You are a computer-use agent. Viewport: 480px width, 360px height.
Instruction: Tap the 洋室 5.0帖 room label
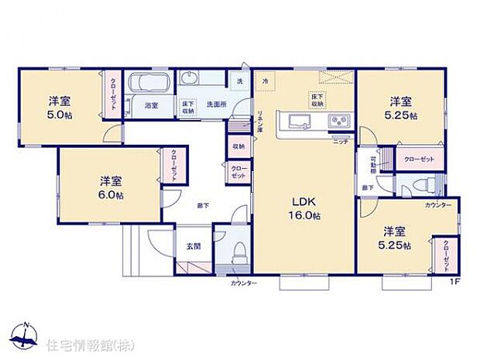click(x=60, y=107)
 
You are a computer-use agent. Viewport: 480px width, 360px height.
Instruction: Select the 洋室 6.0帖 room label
click(x=110, y=187)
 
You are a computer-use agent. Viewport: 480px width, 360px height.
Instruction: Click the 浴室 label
click(x=152, y=106)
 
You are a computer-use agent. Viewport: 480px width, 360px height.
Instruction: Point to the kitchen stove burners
click(x=338, y=120)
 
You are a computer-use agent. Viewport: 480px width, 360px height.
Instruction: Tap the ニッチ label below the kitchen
click(x=339, y=140)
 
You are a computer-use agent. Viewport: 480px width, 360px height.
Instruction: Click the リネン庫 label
click(x=260, y=122)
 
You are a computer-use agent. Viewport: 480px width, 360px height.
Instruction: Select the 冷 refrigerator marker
click(x=264, y=81)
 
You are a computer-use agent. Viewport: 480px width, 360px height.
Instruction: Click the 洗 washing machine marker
click(x=239, y=81)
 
